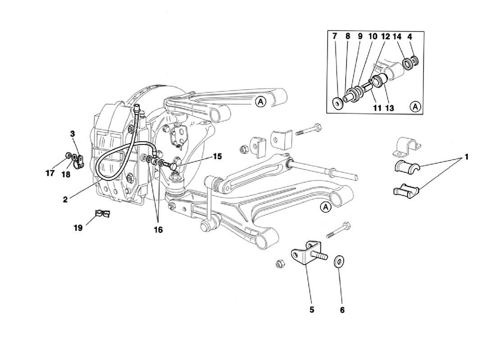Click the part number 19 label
(78, 228)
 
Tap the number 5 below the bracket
(312, 310)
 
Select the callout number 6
(342, 310)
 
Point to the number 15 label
(217, 156)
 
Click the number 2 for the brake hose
(65, 200)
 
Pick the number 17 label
(50, 173)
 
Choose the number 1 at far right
(466, 157)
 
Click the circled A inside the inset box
(415, 107)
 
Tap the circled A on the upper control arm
(261, 102)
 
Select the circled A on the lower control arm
(325, 207)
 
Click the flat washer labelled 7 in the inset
(338, 103)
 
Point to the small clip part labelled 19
(103, 214)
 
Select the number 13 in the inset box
(390, 108)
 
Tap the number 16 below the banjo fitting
(158, 230)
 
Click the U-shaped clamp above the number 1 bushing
(407, 147)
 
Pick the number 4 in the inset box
(410, 36)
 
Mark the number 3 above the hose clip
(72, 134)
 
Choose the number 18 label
(66, 174)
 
